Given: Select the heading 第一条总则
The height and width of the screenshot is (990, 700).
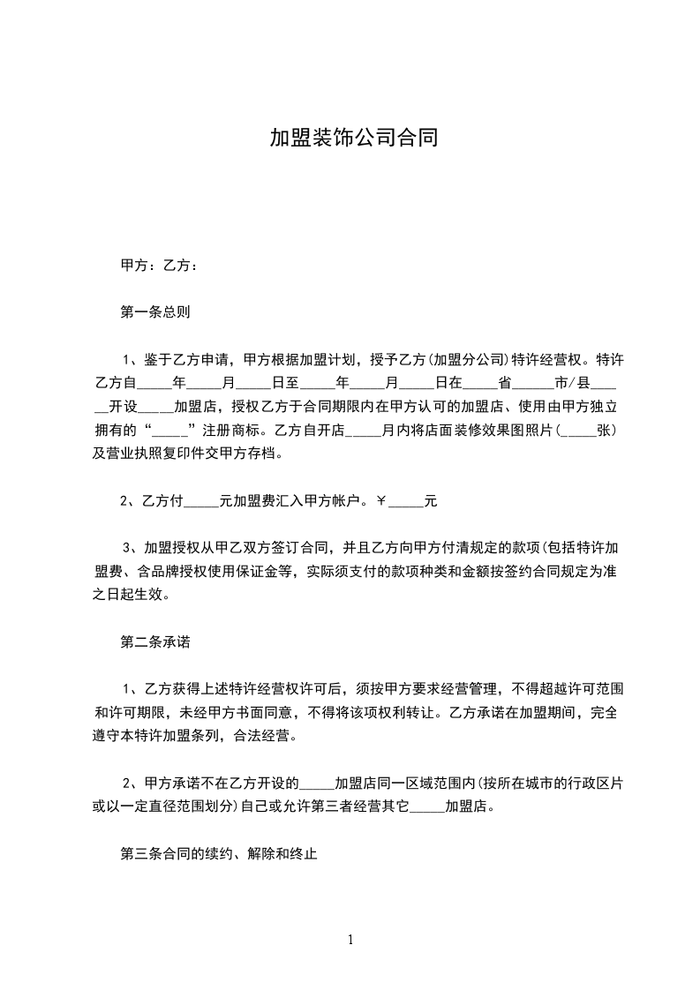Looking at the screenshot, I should (x=155, y=312).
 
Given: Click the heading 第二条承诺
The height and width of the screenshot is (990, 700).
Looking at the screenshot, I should (x=155, y=642).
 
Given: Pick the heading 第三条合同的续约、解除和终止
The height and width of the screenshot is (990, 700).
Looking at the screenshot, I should (x=218, y=854).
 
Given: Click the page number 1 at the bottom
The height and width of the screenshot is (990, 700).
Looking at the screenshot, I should (x=350, y=940).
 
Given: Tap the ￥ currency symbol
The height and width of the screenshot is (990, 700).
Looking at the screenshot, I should (x=381, y=501).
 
